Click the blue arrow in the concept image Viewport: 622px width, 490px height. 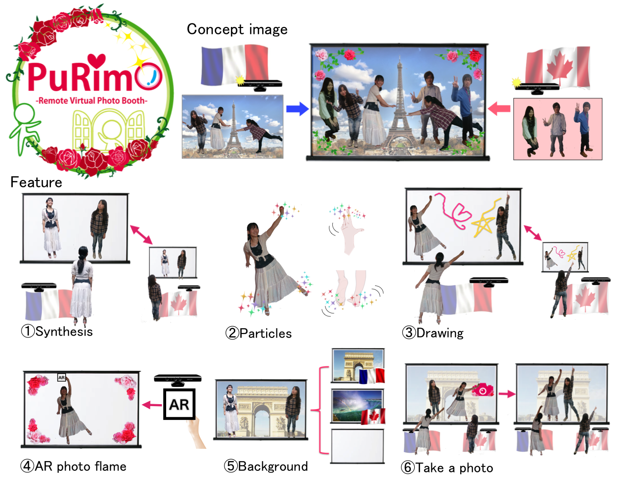click(x=298, y=109)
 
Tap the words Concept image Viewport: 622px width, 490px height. click(x=237, y=29)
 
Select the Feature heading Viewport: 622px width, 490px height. click(x=36, y=182)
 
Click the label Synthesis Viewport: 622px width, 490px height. click(x=64, y=332)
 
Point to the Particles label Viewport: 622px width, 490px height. click(x=265, y=333)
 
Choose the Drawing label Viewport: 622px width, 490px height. click(x=440, y=333)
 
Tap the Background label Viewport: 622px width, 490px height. click(x=273, y=466)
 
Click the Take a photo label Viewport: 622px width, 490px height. click(x=454, y=468)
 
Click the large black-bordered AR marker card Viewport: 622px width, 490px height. click(x=179, y=404)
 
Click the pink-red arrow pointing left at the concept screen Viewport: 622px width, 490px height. click(x=499, y=109)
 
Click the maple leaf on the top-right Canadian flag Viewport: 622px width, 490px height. click(x=558, y=68)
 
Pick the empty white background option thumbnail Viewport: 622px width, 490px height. click(x=357, y=446)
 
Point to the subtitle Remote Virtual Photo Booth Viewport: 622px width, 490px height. click(x=91, y=101)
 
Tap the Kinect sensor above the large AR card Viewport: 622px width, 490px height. click(x=178, y=380)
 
